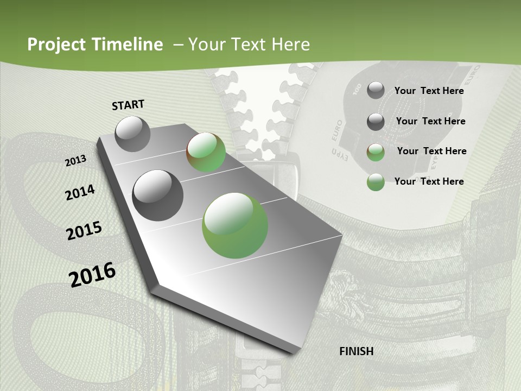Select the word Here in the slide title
[290, 45]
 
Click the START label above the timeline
[128, 105]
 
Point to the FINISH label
[357, 351]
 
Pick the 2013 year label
[76, 160]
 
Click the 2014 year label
[80, 192]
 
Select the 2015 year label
[84, 231]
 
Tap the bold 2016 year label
[92, 274]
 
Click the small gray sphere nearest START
[132, 134]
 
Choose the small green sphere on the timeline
[206, 152]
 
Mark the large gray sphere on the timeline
[158, 195]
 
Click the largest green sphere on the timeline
[235, 225]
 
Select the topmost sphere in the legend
[376, 90]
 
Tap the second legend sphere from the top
[376, 122]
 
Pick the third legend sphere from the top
[376, 152]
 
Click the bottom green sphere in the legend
[376, 182]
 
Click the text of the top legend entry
[429, 91]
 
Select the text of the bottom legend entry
[429, 181]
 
